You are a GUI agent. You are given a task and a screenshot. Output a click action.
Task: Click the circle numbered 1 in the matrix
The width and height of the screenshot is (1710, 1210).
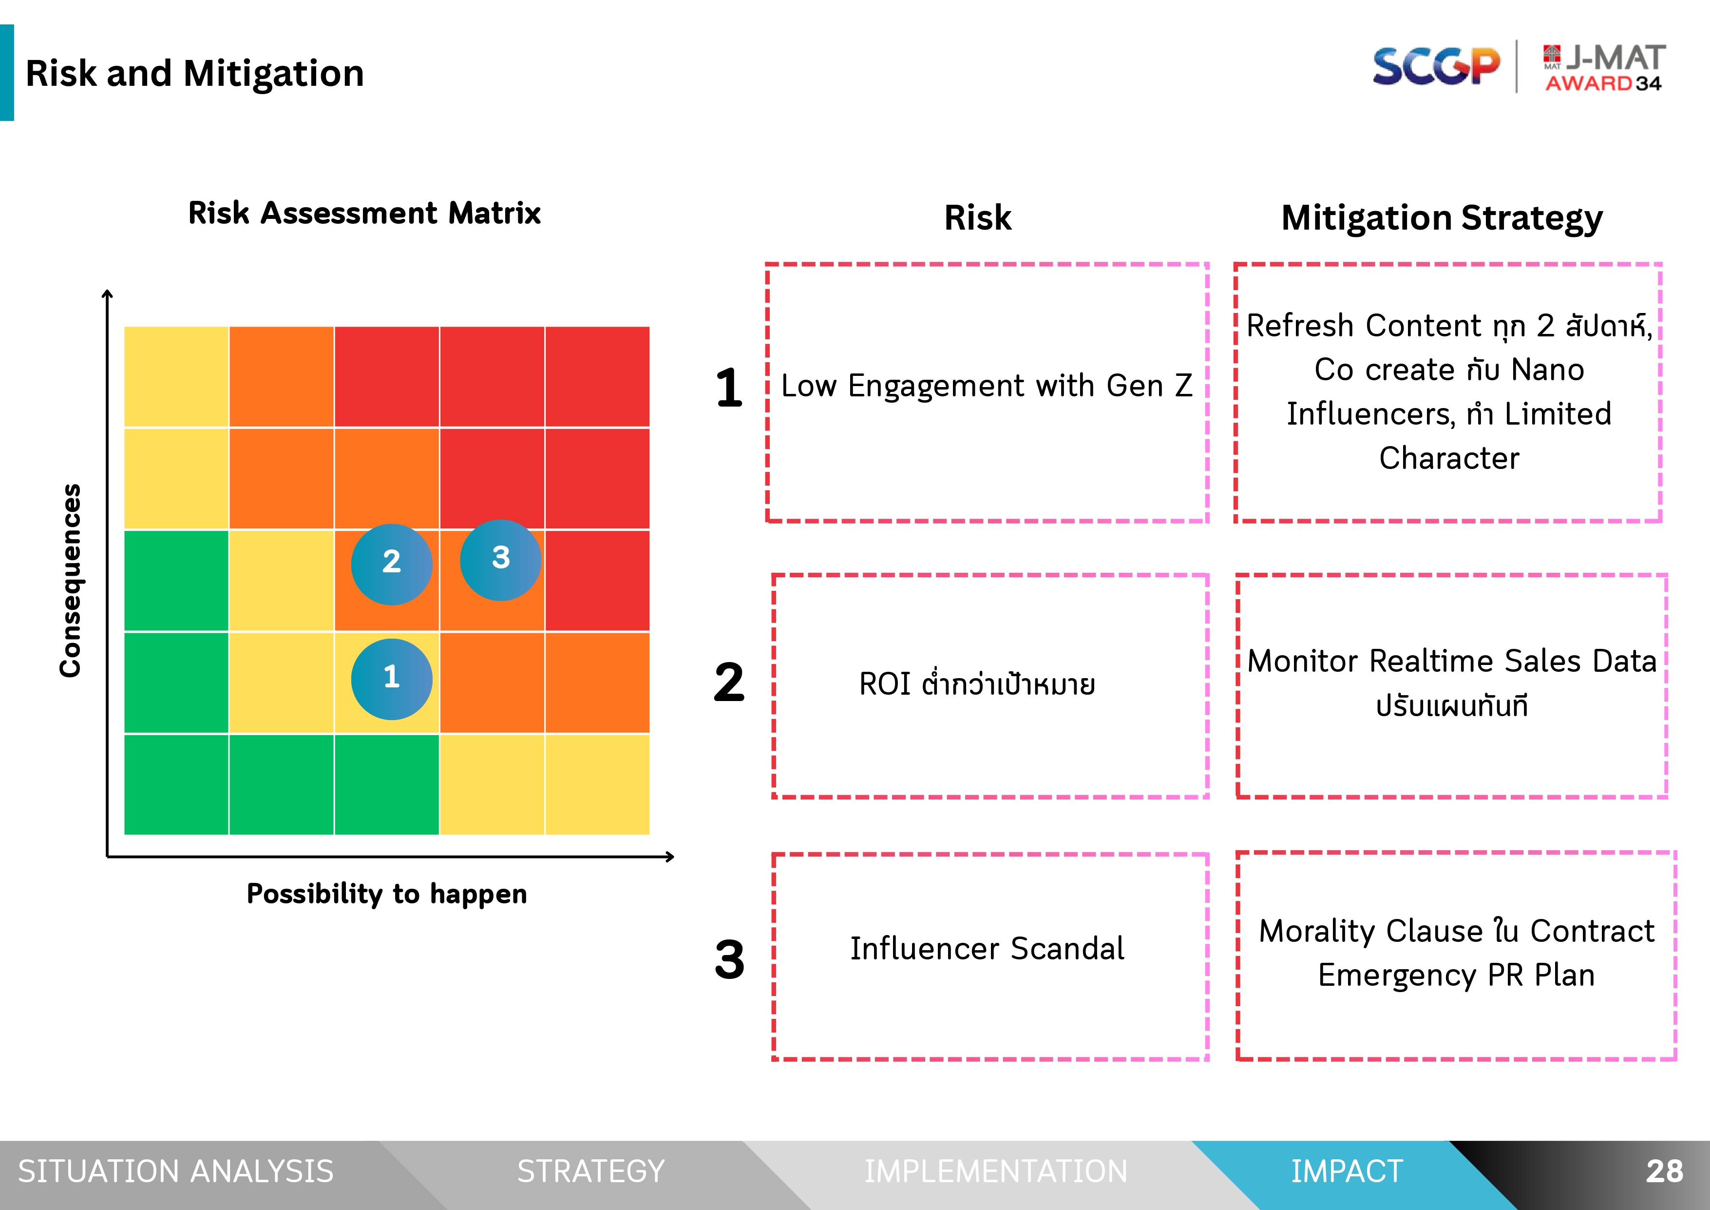tap(392, 679)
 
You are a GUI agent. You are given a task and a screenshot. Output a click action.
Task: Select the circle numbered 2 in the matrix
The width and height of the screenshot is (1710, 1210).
tap(392, 564)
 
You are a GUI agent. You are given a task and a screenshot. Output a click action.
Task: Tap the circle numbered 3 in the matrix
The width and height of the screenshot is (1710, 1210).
tap(500, 560)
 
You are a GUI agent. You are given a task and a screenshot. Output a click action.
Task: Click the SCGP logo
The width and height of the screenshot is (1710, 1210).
tap(1436, 66)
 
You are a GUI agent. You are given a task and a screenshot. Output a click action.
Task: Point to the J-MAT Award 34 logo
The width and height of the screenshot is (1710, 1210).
tap(1605, 68)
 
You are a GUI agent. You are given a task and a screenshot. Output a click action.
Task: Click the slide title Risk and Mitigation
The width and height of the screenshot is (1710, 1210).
tap(195, 74)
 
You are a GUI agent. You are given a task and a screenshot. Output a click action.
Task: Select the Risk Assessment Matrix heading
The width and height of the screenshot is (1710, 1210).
tap(364, 213)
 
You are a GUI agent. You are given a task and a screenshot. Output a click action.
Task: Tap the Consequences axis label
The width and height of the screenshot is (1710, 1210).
tap(71, 581)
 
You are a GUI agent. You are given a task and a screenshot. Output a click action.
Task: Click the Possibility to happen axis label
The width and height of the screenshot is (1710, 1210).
tap(386, 893)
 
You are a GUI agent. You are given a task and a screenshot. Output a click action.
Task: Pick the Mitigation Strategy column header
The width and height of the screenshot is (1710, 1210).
tap(1442, 219)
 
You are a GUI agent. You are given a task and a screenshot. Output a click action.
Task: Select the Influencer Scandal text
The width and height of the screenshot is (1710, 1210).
tap(987, 949)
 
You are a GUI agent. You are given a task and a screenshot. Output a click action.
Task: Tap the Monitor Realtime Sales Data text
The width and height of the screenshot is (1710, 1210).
tap(1452, 661)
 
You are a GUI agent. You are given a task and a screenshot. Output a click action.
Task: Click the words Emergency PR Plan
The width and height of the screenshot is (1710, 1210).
tap(1456, 976)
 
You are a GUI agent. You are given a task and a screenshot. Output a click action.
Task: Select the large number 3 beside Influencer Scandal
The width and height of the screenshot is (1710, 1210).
tap(729, 959)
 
